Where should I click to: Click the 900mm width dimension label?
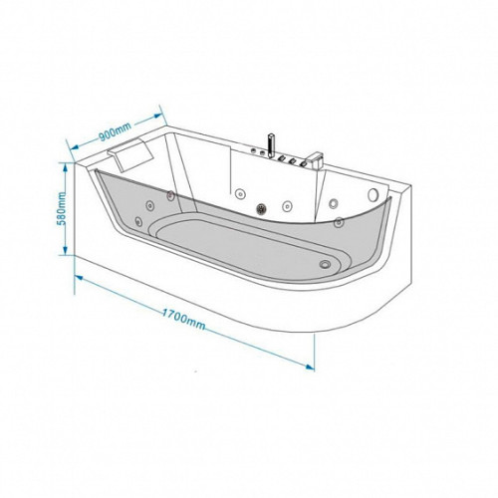click(116, 131)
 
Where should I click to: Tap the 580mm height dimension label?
click(61, 208)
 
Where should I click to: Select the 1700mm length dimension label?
click(183, 319)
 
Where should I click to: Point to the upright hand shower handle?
click(271, 146)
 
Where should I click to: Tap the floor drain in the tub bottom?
click(325, 264)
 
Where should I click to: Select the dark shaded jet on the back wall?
click(262, 208)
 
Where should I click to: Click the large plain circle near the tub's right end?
click(373, 194)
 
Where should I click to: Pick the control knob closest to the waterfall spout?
click(303, 163)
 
